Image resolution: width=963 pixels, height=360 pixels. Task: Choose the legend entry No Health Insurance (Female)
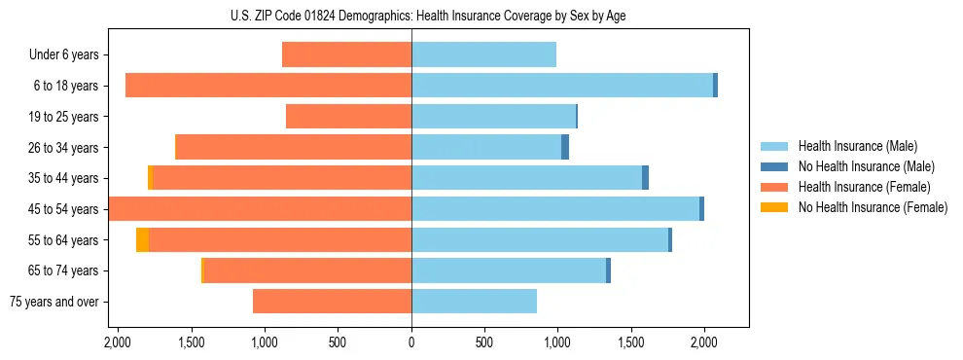(873, 207)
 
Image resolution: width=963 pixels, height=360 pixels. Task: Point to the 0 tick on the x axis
(411, 342)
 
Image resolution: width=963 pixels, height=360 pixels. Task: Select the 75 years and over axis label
(54, 302)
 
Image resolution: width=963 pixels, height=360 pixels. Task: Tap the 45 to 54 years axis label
(64, 209)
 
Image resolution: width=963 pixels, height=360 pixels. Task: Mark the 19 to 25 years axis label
(64, 117)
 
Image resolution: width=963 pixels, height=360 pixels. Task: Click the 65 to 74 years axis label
(64, 270)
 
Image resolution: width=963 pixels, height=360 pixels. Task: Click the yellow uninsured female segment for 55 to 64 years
(142, 239)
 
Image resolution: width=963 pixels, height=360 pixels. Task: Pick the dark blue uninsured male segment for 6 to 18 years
(715, 86)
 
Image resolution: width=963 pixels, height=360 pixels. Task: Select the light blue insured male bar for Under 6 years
(483, 55)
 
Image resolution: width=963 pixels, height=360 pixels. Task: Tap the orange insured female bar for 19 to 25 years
(348, 117)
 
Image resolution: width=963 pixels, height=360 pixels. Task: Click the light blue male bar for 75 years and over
(474, 302)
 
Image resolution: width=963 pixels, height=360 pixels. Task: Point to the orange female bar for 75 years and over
(332, 302)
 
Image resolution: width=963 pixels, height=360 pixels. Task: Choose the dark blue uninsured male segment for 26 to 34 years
(565, 147)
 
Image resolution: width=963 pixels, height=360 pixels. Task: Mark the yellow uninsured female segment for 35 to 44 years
(150, 178)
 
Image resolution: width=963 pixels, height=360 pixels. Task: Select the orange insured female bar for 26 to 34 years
(293, 147)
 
